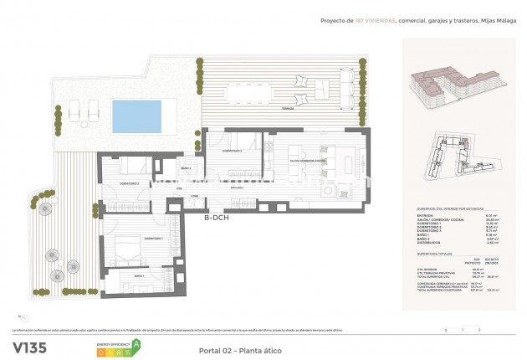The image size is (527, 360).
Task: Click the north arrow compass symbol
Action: click(x=22, y=317)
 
